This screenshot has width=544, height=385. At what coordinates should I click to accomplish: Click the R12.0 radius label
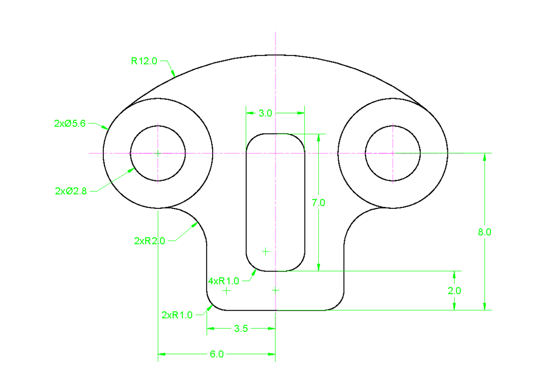pyautogui.click(x=144, y=61)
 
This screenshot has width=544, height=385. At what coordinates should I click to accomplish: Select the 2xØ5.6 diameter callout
pyautogui.click(x=70, y=123)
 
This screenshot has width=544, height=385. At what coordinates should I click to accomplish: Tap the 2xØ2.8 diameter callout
pyautogui.click(x=71, y=191)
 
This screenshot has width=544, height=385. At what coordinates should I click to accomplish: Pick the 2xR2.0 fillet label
pyautogui.click(x=148, y=241)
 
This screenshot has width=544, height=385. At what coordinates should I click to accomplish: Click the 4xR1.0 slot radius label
pyautogui.click(x=223, y=281)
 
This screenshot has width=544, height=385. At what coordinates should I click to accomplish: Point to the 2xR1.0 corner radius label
pyautogui.click(x=177, y=315)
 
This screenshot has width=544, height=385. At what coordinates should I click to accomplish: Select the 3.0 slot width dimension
pyautogui.click(x=265, y=114)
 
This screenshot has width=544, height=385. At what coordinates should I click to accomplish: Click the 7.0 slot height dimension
pyautogui.click(x=318, y=203)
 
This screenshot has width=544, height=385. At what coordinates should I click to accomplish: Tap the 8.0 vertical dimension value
pyautogui.click(x=485, y=232)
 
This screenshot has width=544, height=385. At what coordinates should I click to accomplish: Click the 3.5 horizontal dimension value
pyautogui.click(x=241, y=329)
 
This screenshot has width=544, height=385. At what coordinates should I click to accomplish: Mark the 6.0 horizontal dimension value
pyautogui.click(x=217, y=354)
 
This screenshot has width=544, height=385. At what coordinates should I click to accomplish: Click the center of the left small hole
pyautogui.click(x=158, y=153)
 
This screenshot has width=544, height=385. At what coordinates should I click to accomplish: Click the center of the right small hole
pyautogui.click(x=393, y=153)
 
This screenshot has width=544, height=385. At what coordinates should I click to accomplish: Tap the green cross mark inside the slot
pyautogui.click(x=266, y=251)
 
